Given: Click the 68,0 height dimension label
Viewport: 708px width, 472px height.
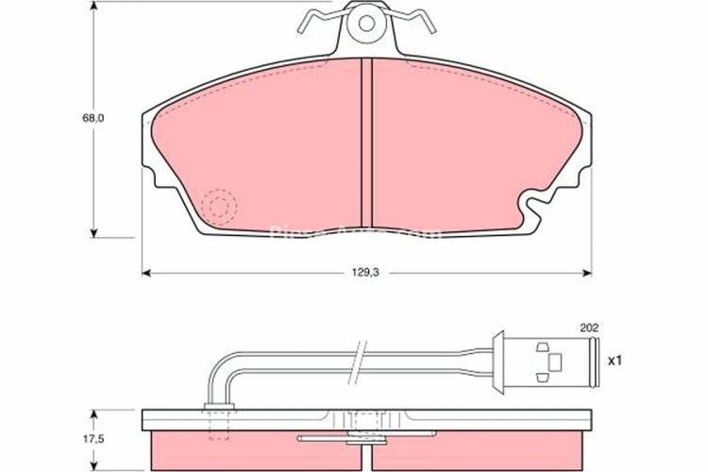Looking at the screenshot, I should tap(93, 119).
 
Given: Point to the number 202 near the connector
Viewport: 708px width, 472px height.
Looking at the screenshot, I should tap(589, 329).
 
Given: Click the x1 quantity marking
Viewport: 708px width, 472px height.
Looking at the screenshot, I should tap(615, 360).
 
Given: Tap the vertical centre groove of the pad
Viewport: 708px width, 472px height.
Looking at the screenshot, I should tap(368, 142).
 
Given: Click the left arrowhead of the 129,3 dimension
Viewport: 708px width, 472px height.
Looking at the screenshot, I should tap(147, 273).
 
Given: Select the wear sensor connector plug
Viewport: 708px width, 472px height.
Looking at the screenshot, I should tap(548, 360).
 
